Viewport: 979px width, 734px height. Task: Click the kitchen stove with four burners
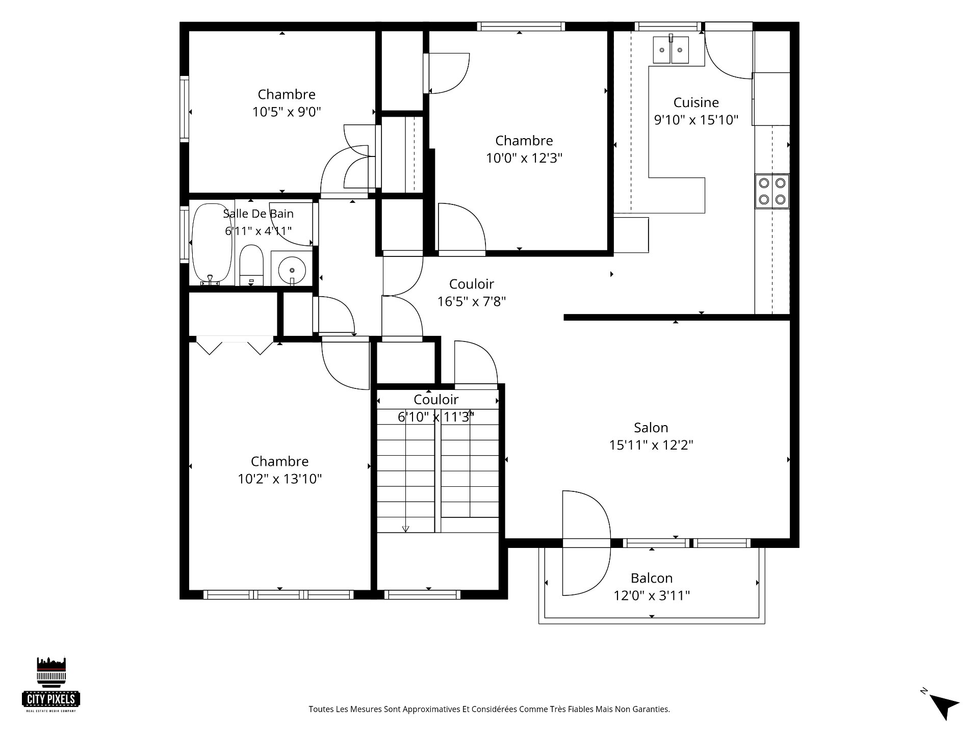pos(772,191)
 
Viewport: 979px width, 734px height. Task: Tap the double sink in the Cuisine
pos(671,49)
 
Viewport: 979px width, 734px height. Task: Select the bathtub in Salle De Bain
pos(211,244)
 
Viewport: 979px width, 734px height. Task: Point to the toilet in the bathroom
pos(251,265)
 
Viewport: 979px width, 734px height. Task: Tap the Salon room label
pos(651,428)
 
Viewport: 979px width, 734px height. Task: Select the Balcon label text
pos(652,578)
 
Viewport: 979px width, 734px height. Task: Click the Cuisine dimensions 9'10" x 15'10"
pos(696,120)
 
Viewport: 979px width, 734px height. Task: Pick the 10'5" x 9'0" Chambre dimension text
pos(287,112)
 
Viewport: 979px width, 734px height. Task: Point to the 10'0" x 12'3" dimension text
pos(524,158)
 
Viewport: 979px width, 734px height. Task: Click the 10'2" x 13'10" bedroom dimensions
pos(280,479)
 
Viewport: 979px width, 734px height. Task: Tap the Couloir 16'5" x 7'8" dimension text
pos(472,302)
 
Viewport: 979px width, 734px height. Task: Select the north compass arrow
pos(943,705)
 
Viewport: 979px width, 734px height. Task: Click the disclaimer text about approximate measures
pos(489,709)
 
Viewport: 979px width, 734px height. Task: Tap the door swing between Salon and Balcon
pos(586,543)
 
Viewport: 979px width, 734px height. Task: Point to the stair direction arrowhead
pos(405,529)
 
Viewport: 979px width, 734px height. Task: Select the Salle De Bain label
pos(258,214)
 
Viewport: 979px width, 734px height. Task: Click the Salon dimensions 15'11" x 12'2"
pos(651,445)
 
